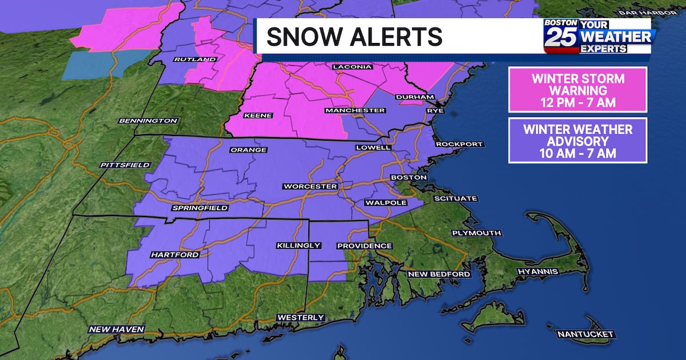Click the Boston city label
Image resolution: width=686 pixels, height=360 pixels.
point(408,178)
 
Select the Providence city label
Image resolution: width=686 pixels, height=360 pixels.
point(364,246)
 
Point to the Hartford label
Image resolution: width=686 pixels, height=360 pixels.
point(175,254)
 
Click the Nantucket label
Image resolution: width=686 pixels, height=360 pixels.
point(585,334)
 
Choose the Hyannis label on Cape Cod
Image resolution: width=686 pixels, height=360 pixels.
point(537,271)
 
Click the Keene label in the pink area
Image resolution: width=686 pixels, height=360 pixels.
point(258,116)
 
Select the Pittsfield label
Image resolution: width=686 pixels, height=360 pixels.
point(125,165)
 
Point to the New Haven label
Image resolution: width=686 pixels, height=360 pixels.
point(117,329)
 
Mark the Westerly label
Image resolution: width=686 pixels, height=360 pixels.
point(301,317)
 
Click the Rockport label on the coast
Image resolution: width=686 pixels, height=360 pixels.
point(459,144)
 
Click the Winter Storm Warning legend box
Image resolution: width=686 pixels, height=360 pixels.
point(577,90)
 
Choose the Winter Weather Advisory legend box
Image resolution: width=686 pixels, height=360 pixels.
point(577,140)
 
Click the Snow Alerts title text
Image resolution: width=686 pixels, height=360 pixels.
point(354,37)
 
